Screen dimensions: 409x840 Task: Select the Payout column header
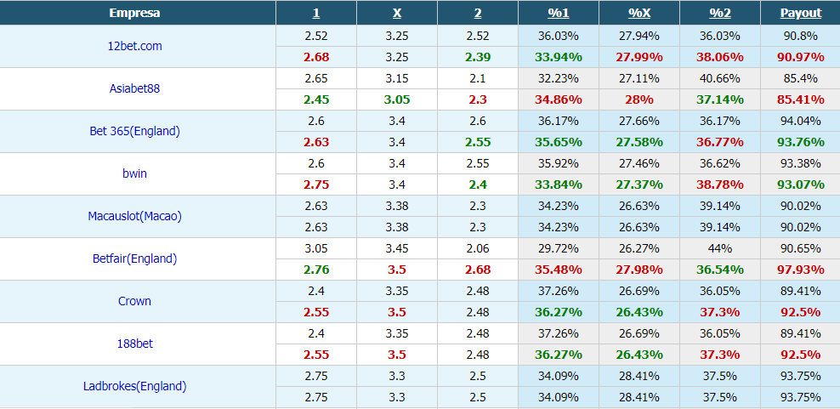(x=801, y=13)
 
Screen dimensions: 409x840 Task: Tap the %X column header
(x=639, y=13)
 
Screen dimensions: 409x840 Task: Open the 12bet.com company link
(x=129, y=46)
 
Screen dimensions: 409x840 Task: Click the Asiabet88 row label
(x=134, y=88)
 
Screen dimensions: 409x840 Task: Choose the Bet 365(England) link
(x=134, y=131)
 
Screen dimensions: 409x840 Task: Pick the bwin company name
(x=134, y=173)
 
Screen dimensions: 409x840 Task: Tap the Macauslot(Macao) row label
(x=134, y=216)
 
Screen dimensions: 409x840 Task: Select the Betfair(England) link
(x=134, y=258)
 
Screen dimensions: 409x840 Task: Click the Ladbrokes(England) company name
(x=134, y=386)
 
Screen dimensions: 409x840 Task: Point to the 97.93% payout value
(x=800, y=270)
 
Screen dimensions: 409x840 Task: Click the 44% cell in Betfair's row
(x=719, y=248)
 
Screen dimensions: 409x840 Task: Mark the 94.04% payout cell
(x=800, y=121)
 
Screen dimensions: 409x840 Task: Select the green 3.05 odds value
(x=397, y=99)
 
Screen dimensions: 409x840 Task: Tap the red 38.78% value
(x=719, y=185)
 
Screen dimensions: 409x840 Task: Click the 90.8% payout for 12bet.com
(x=800, y=36)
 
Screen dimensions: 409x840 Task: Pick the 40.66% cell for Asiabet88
(x=719, y=78)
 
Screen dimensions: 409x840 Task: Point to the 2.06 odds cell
(x=478, y=248)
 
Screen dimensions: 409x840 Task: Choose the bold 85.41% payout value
(x=800, y=99)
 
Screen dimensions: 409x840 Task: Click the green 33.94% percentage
(x=559, y=57)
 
